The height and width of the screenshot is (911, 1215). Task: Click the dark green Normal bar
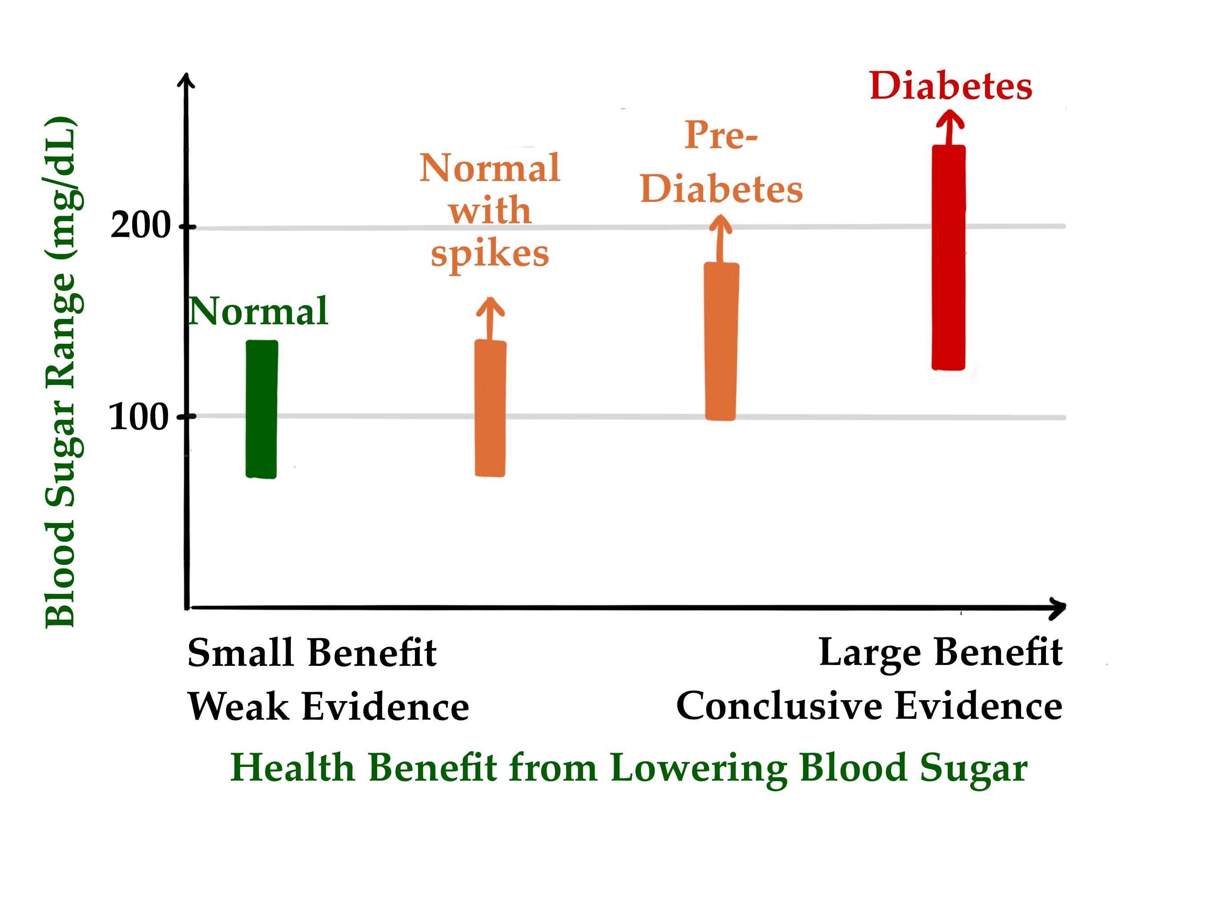point(262,409)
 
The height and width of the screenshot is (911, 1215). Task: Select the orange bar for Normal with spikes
point(490,408)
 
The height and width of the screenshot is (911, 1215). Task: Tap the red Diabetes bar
point(949,257)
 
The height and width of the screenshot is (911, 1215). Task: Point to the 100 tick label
point(138,417)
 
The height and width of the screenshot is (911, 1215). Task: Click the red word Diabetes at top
point(951,86)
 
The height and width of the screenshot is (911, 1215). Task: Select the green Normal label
point(258,311)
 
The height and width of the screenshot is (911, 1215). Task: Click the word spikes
point(490,254)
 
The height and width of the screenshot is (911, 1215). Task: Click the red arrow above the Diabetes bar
point(949,126)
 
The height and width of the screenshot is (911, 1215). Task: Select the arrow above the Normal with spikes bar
point(490,318)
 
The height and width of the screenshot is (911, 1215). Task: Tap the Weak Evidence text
point(329,706)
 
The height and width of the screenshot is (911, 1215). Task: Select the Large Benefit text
point(940,653)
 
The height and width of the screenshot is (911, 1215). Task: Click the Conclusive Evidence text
point(869,706)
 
